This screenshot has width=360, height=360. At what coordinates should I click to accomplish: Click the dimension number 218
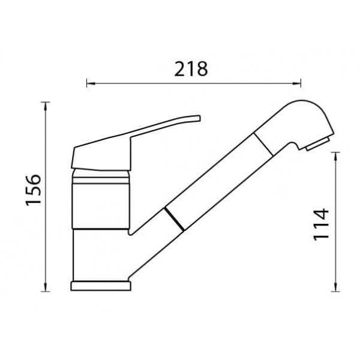pyautogui.click(x=191, y=69)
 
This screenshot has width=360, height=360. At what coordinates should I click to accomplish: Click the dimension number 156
pyautogui.click(x=34, y=190)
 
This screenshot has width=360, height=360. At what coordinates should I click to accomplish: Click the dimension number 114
pyautogui.click(x=321, y=224)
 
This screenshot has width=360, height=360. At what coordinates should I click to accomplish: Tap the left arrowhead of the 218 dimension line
pyautogui.click(x=91, y=83)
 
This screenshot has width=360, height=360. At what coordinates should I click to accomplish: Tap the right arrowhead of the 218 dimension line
pyautogui.click(x=296, y=83)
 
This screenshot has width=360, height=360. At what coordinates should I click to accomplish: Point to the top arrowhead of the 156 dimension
pyautogui.click(x=46, y=106)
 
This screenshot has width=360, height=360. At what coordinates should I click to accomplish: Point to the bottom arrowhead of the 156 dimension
pyautogui.click(x=46, y=287)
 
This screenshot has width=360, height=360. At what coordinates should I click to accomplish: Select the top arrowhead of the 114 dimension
pyautogui.click(x=335, y=157)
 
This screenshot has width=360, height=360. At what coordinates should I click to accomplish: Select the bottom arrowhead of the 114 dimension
pyautogui.click(x=335, y=287)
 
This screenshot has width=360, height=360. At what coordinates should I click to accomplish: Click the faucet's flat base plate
pyautogui.click(x=101, y=286)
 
